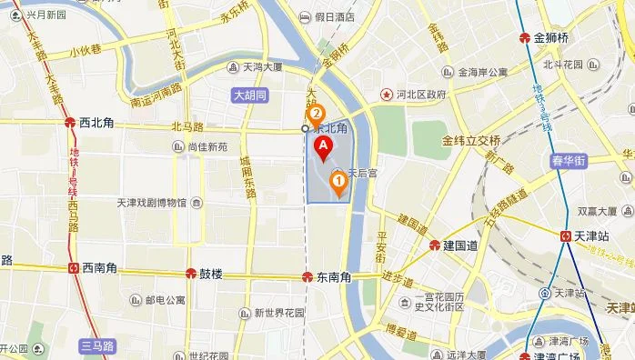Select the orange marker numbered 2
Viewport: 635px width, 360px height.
(316, 115)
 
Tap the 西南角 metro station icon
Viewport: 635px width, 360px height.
(73, 268)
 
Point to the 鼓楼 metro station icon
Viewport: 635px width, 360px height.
(190, 273)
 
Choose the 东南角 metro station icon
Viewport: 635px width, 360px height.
(308, 276)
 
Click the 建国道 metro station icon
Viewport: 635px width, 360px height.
(436, 245)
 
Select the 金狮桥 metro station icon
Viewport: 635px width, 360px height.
(524, 38)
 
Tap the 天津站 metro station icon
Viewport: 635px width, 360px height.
(566, 235)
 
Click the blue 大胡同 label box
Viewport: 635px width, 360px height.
(248, 94)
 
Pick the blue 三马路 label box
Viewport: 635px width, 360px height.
(96, 345)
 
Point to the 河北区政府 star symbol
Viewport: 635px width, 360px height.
(386, 94)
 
